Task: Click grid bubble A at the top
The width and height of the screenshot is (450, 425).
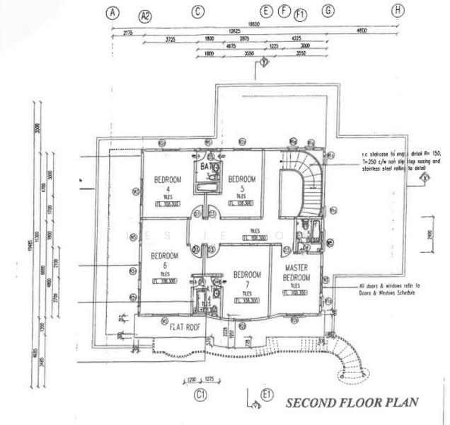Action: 111,11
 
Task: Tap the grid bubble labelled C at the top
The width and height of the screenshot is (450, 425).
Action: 198,11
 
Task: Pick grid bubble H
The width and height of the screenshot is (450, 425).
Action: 399,10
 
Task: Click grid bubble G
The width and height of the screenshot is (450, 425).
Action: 328,11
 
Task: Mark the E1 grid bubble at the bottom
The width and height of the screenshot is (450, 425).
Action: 266,394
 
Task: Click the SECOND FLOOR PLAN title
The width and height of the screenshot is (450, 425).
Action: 352,402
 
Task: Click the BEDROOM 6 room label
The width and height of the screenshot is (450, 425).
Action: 164,259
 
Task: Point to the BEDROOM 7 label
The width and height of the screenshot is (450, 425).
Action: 248,279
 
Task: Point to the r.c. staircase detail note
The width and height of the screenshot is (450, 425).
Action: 400,161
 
